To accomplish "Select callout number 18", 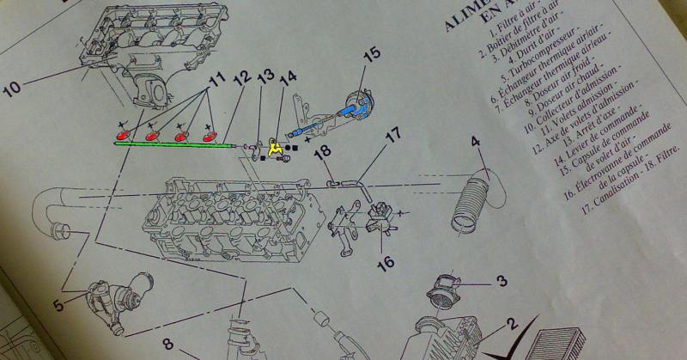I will (x=323, y=153).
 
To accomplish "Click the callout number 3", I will (x=501, y=280).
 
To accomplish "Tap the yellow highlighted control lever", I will (x=277, y=149).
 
